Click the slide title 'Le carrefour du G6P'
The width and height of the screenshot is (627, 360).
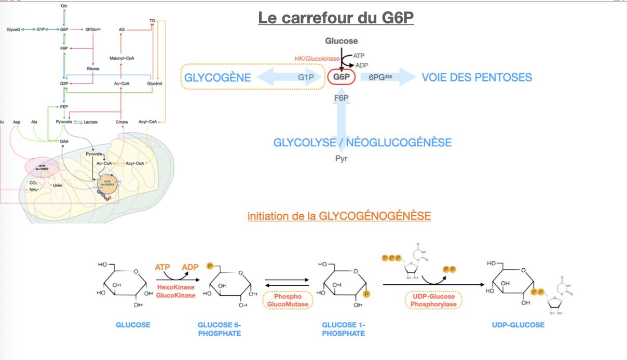336,18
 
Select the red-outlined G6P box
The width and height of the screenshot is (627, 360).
341,78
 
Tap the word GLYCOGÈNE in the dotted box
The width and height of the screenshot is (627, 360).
217,78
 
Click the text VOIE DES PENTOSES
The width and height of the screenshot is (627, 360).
476,78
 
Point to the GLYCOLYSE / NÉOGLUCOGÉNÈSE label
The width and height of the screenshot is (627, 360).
362,142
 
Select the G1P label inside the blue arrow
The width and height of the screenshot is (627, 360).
306,78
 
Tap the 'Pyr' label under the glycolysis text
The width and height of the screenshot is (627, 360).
341,158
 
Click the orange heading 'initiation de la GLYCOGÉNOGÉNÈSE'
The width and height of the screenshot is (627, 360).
339,215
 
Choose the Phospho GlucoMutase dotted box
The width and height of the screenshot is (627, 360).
288,299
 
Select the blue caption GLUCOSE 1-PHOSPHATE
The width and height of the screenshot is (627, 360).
343,329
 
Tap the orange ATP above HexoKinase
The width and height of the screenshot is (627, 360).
162,267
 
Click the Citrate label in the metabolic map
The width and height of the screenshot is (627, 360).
122,122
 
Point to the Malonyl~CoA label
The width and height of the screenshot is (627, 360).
121,58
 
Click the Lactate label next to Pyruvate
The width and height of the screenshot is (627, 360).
91,122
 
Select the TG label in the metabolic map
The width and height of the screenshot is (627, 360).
152,21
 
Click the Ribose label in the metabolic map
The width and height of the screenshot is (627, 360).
93,68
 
